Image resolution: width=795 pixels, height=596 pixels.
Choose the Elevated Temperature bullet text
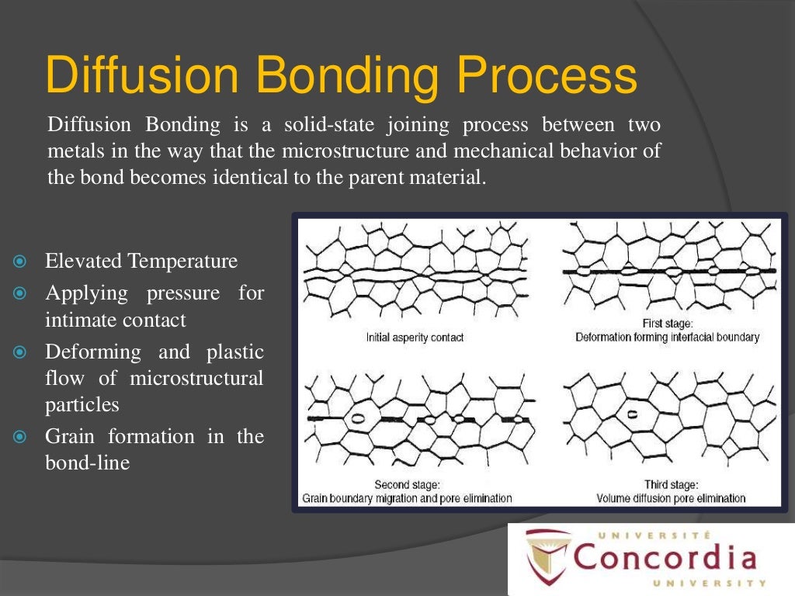click(x=141, y=262)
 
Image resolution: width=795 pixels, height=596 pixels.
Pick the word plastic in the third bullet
click(x=234, y=352)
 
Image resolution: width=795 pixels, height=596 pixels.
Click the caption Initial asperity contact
click(x=414, y=338)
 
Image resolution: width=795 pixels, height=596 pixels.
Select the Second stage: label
click(x=408, y=485)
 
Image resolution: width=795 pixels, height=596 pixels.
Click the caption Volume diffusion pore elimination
click(x=671, y=498)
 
